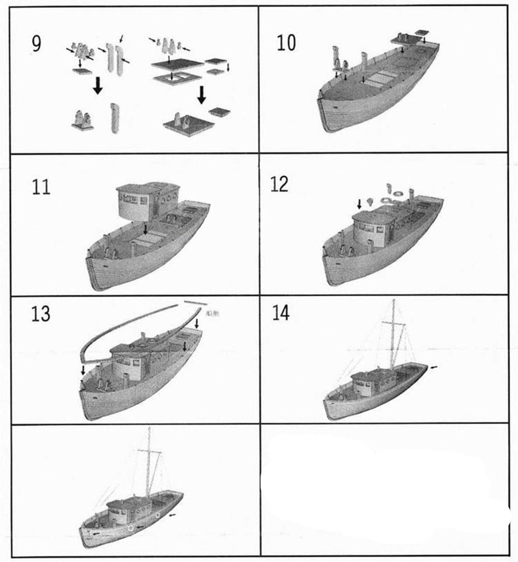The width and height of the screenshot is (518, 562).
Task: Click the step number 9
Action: click(x=35, y=44)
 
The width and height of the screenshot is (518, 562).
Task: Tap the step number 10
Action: click(x=286, y=44)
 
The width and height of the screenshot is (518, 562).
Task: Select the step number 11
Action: click(x=41, y=187)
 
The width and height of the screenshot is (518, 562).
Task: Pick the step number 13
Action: click(x=40, y=314)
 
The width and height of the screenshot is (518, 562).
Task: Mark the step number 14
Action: click(x=280, y=313)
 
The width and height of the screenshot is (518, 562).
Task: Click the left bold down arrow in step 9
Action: click(x=97, y=89)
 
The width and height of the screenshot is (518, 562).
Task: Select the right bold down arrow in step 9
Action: click(x=202, y=94)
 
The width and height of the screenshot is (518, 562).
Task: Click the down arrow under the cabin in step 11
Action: click(x=146, y=228)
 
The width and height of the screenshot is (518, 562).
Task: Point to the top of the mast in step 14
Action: click(x=394, y=300)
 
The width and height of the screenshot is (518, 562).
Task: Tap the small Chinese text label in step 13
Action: click(x=212, y=312)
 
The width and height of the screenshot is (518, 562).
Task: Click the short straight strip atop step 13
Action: click(x=196, y=301)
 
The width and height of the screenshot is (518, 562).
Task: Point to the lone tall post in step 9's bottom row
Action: click(x=114, y=118)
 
